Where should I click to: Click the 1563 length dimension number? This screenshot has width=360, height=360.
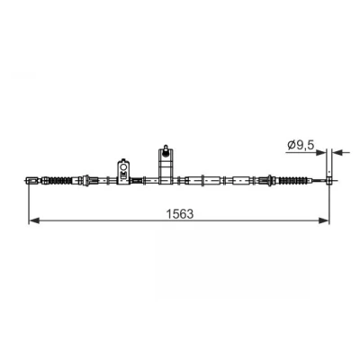click(180, 214)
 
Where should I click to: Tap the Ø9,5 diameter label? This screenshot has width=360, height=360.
click(301, 145)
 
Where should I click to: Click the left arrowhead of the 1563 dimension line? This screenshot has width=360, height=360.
click(34, 220)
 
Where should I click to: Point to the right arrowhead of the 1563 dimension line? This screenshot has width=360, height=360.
click(324, 220)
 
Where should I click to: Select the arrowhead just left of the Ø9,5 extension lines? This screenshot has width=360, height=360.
click(321, 152)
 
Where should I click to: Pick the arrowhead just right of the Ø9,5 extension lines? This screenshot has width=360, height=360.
click(337, 152)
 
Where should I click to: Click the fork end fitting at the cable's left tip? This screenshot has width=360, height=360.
click(31, 180)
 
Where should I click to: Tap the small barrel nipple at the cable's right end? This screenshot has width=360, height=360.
click(329, 180)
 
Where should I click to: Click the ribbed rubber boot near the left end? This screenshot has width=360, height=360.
click(60, 180)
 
